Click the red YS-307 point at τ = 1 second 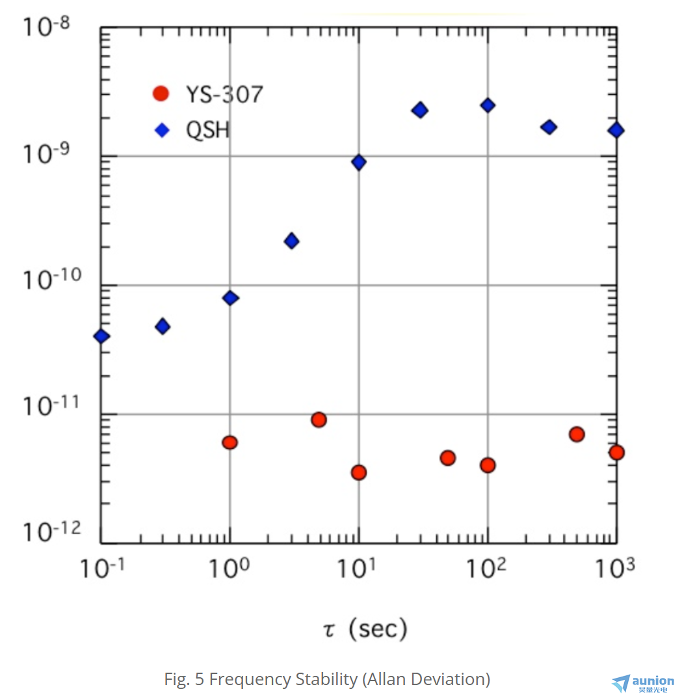pos(230,442)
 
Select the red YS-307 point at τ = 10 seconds pos(359,472)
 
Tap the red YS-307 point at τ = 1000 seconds pos(616,452)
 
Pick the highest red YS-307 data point pos(319,420)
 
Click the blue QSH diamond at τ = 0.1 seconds pos(101,336)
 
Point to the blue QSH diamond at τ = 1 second pos(230,298)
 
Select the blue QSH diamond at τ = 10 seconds pos(359,162)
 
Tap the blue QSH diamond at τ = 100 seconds pos(488,105)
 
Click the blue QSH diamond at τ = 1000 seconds pos(616,130)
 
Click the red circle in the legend pos(160,94)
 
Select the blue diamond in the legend pos(162,130)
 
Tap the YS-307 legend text pos(224,95)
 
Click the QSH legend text pos(208,130)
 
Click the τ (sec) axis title pos(365,628)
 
